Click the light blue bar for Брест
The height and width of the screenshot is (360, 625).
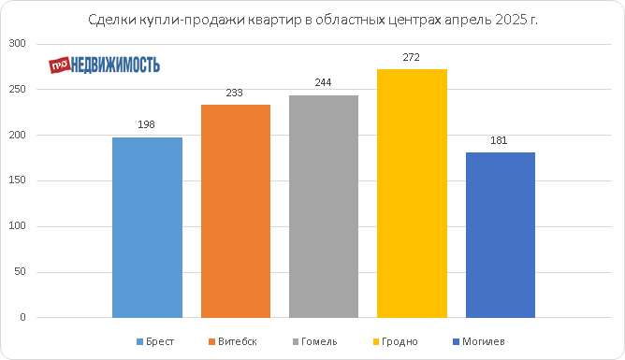(x=147, y=227)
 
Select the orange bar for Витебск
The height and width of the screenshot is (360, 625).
(x=236, y=211)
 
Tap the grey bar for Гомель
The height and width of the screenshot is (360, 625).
(x=324, y=207)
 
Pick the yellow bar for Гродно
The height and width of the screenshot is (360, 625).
(x=412, y=194)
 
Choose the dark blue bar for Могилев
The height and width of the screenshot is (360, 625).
(x=501, y=235)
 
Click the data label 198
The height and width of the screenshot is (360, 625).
(x=146, y=124)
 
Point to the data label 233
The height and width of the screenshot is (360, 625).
(x=234, y=93)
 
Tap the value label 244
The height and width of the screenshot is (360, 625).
(x=323, y=82)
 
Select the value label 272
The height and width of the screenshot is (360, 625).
(x=411, y=57)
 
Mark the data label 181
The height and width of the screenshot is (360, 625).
(x=499, y=140)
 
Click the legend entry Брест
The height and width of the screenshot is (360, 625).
(x=155, y=341)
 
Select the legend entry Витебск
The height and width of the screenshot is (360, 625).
(x=233, y=341)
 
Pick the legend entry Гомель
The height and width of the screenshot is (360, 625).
(x=315, y=341)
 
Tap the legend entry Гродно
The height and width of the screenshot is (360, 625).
(x=396, y=341)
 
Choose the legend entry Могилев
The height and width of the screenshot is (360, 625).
(x=479, y=341)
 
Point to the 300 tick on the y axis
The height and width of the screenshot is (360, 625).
(x=17, y=43)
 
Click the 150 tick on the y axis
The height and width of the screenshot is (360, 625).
(x=17, y=180)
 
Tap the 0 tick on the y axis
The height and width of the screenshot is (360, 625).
(x=22, y=317)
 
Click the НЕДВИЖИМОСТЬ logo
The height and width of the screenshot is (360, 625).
(x=105, y=65)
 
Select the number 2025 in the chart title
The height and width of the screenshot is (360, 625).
(x=511, y=20)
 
